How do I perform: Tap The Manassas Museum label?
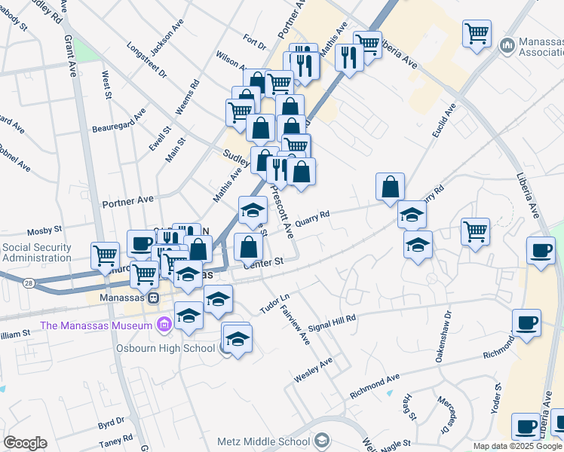[97, 325]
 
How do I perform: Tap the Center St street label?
[262, 262]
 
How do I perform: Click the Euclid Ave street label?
[446, 121]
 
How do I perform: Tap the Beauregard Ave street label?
[118, 122]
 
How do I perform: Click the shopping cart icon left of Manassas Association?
[477, 33]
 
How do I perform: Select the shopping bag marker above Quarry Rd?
[391, 185]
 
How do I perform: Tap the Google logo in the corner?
[25, 443]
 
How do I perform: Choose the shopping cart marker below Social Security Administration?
[104, 255]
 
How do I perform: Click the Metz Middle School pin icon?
[322, 441]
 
